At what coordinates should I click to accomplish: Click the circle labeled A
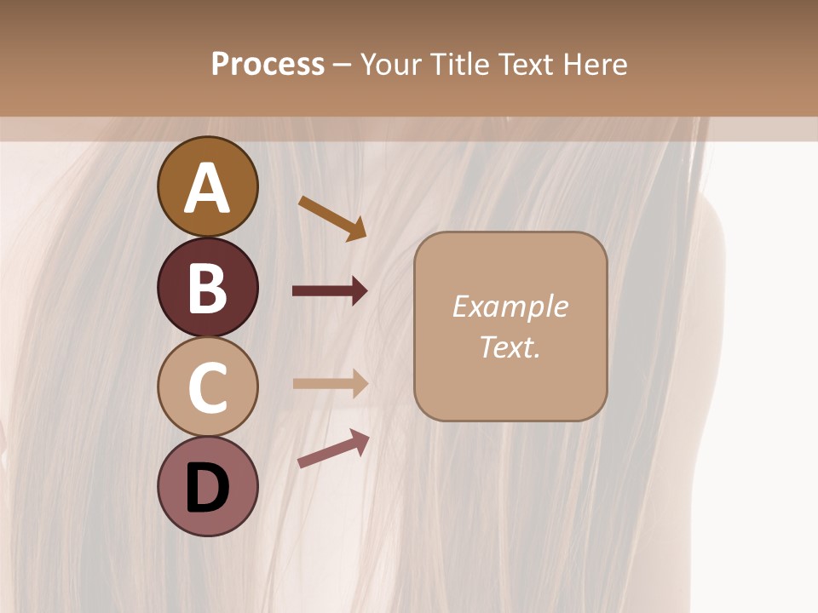click(207, 186)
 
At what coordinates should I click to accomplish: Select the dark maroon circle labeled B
click(207, 287)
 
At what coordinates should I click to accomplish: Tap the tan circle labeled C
click(207, 387)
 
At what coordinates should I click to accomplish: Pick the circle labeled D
click(207, 486)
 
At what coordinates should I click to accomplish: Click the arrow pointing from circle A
click(331, 217)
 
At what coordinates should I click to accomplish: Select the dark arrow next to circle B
click(329, 291)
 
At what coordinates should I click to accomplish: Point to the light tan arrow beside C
click(329, 383)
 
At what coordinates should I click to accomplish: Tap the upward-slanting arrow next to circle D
click(332, 449)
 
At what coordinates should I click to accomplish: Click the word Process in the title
click(268, 64)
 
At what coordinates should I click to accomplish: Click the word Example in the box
click(510, 306)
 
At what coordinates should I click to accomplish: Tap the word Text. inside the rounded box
click(510, 347)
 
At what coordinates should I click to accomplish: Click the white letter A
click(207, 188)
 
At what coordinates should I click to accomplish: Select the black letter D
click(207, 489)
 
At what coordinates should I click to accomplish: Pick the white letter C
click(207, 387)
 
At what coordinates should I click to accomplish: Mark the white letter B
click(207, 288)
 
